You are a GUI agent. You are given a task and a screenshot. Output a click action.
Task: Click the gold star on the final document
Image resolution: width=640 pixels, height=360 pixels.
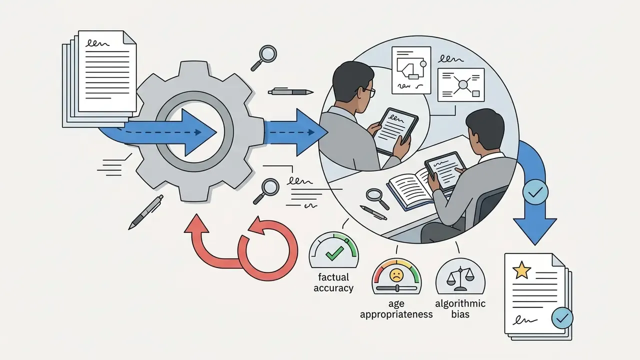click(521, 270)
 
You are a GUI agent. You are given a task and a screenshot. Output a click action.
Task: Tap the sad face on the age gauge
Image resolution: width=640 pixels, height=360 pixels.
click(396, 275)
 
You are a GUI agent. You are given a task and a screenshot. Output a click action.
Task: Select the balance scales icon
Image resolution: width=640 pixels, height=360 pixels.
click(460, 278)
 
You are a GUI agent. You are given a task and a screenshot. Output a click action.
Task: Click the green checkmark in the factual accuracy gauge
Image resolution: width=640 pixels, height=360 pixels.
click(334, 253)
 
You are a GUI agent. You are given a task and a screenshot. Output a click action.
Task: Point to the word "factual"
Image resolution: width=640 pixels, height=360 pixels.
click(333, 277)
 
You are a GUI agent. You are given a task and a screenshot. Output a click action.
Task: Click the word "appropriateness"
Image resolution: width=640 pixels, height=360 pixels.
click(396, 314)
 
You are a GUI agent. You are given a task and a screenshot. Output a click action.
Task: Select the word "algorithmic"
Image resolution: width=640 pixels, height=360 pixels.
click(460, 303)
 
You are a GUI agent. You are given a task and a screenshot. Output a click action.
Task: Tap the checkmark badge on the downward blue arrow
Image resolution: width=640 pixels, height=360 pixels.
click(535, 192)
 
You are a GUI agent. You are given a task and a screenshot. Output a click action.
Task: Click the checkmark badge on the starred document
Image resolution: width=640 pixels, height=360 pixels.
click(562, 317)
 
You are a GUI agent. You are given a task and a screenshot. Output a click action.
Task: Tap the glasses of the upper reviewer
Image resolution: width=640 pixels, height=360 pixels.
click(367, 91)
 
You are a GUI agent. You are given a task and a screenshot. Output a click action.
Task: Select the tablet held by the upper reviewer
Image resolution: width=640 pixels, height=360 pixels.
click(395, 131)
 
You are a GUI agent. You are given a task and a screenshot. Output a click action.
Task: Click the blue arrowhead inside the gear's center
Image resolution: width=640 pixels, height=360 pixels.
click(200, 132)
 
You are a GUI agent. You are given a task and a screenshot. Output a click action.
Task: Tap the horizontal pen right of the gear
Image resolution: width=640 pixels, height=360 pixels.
click(290, 91)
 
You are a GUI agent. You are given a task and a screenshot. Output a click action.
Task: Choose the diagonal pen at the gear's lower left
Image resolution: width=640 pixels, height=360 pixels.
click(145, 212)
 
